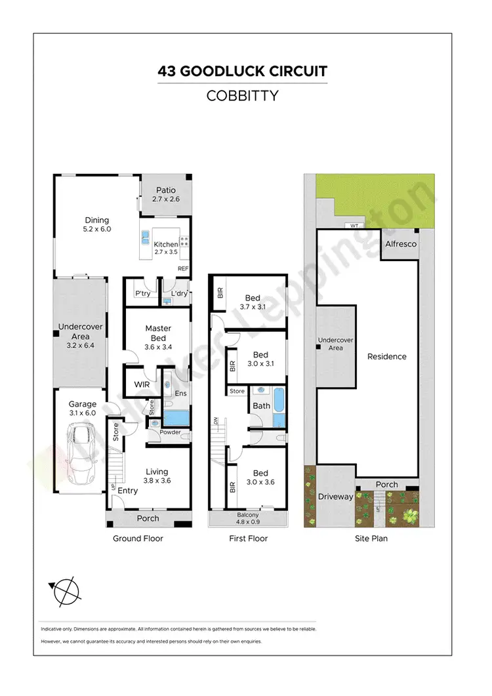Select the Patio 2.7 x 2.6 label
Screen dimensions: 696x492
tap(165, 195)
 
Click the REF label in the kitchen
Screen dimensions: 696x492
tap(183, 269)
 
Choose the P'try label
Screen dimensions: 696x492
tap(142, 293)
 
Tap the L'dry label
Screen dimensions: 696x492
tap(179, 293)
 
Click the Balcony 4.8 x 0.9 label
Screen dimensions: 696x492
tap(248, 518)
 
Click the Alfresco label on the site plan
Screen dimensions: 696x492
tap(400, 244)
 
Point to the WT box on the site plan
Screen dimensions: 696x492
tap(355, 226)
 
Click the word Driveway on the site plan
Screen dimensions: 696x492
tap(335, 497)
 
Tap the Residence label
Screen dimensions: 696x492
tap(386, 357)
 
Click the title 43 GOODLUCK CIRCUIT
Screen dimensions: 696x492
tap(242, 71)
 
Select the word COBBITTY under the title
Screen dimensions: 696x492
tap(242, 96)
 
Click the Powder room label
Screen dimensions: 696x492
tap(170, 432)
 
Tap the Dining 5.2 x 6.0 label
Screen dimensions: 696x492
tap(96, 225)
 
